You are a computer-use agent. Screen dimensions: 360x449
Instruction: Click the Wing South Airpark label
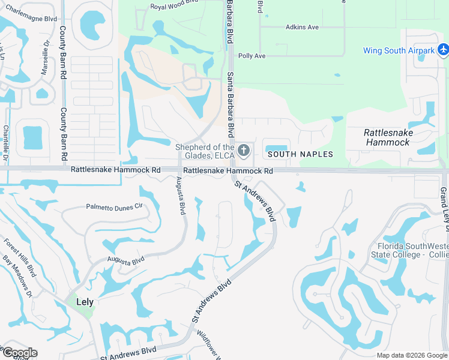pos(399,50)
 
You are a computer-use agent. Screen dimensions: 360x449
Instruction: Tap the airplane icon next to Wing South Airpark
pos(443,49)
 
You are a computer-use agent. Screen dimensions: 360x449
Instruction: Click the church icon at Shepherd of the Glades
pos(243,150)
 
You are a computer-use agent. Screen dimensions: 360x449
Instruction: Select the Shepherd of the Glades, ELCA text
pos(205,152)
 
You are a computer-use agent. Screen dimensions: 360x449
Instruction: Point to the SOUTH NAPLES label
pos(300,154)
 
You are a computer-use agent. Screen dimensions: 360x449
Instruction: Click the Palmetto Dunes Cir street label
pos(115,206)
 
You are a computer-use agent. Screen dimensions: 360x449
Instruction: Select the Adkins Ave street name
pos(302,28)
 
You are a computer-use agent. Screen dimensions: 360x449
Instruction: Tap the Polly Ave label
pos(252,56)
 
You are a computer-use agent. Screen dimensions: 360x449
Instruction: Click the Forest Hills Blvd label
pos(20,257)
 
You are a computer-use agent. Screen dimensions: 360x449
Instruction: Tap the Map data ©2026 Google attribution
pos(411,355)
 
